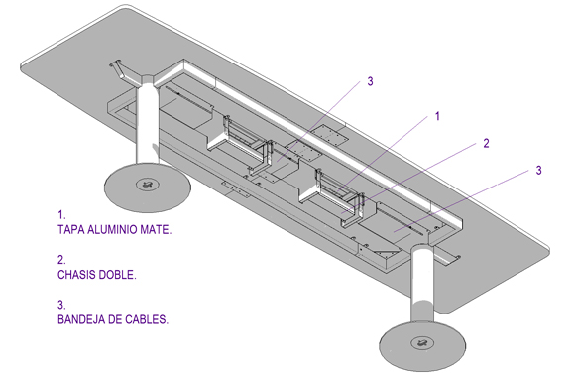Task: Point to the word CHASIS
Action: point(75,275)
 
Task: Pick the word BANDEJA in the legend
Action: point(81,319)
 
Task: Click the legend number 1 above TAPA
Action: point(61,214)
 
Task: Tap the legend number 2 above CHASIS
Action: point(61,260)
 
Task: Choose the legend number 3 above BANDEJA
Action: point(61,305)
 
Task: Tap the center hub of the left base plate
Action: point(148,184)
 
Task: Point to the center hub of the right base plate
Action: point(422,343)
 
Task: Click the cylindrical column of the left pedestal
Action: point(148,121)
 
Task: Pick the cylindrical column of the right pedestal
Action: point(422,287)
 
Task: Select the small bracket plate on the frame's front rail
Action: point(236,189)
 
